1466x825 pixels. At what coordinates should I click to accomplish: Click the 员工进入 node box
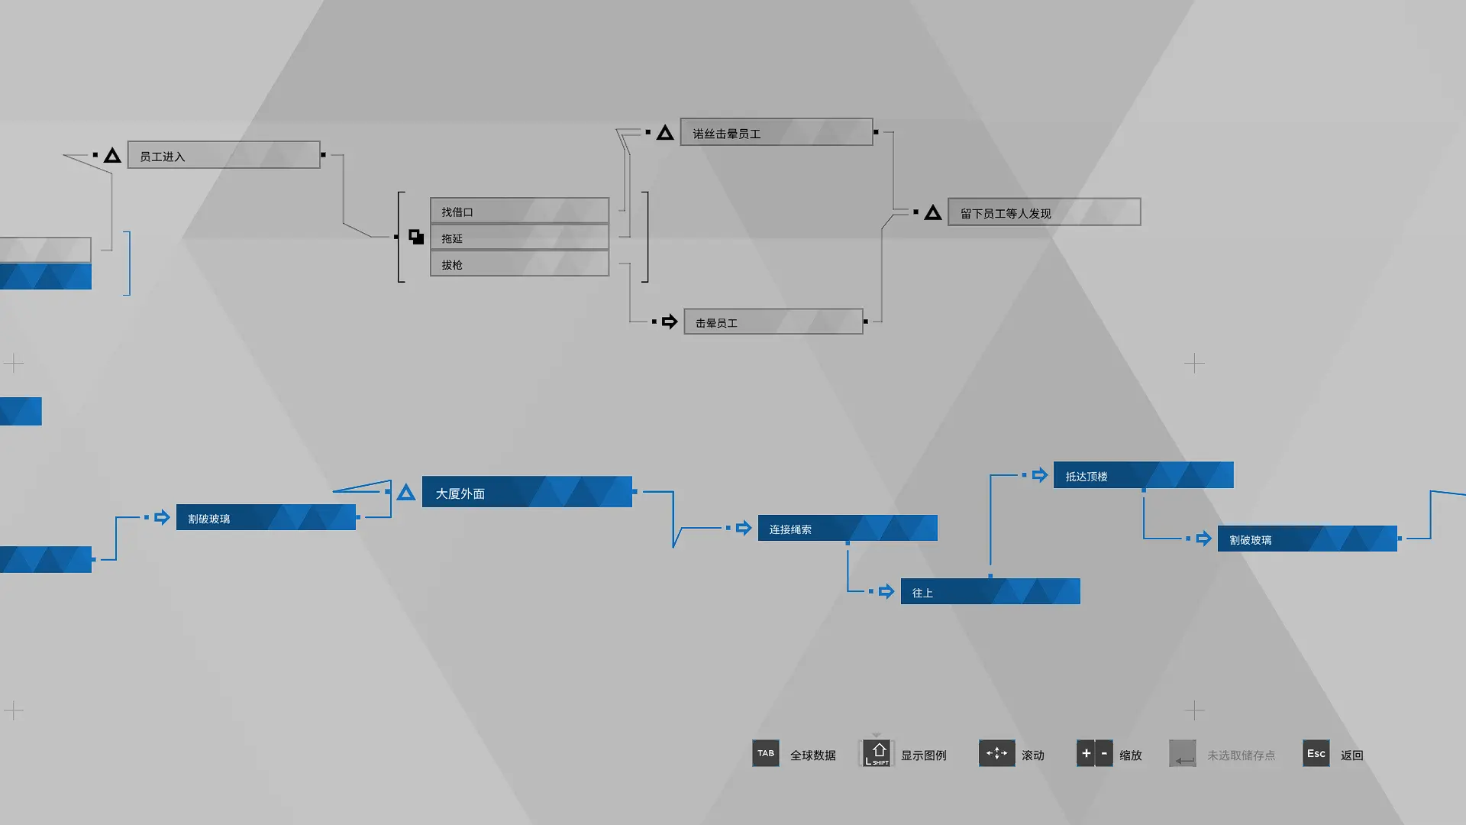[x=224, y=155]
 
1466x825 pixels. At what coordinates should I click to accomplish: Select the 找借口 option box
[x=519, y=211]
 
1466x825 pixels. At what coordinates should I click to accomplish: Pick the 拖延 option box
[x=519, y=238]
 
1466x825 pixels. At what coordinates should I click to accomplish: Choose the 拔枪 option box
[x=519, y=264]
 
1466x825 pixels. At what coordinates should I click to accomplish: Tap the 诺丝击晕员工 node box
[x=777, y=132]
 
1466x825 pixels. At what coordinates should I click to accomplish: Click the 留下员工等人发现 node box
[x=1044, y=212]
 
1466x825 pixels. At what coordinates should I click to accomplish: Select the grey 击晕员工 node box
[x=773, y=322]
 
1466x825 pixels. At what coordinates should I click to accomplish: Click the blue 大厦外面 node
[x=527, y=492]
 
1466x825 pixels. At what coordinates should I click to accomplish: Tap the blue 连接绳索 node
[x=848, y=528]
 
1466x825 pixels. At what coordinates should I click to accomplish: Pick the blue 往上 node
[x=990, y=591]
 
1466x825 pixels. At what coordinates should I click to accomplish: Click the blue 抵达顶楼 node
[x=1144, y=475]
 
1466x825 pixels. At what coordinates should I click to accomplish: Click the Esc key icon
[x=1316, y=753]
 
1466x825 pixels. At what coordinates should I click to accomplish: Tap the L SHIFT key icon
[x=877, y=753]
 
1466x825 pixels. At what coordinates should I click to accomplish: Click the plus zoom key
[x=1085, y=753]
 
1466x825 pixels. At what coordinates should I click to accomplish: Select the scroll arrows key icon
[x=996, y=753]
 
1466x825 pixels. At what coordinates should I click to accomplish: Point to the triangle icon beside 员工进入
[x=112, y=155]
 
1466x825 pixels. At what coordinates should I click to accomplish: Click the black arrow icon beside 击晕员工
[x=670, y=322]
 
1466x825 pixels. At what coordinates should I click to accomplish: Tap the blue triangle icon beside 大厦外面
[x=406, y=493]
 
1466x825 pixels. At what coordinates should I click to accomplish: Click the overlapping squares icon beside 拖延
[x=416, y=237]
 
